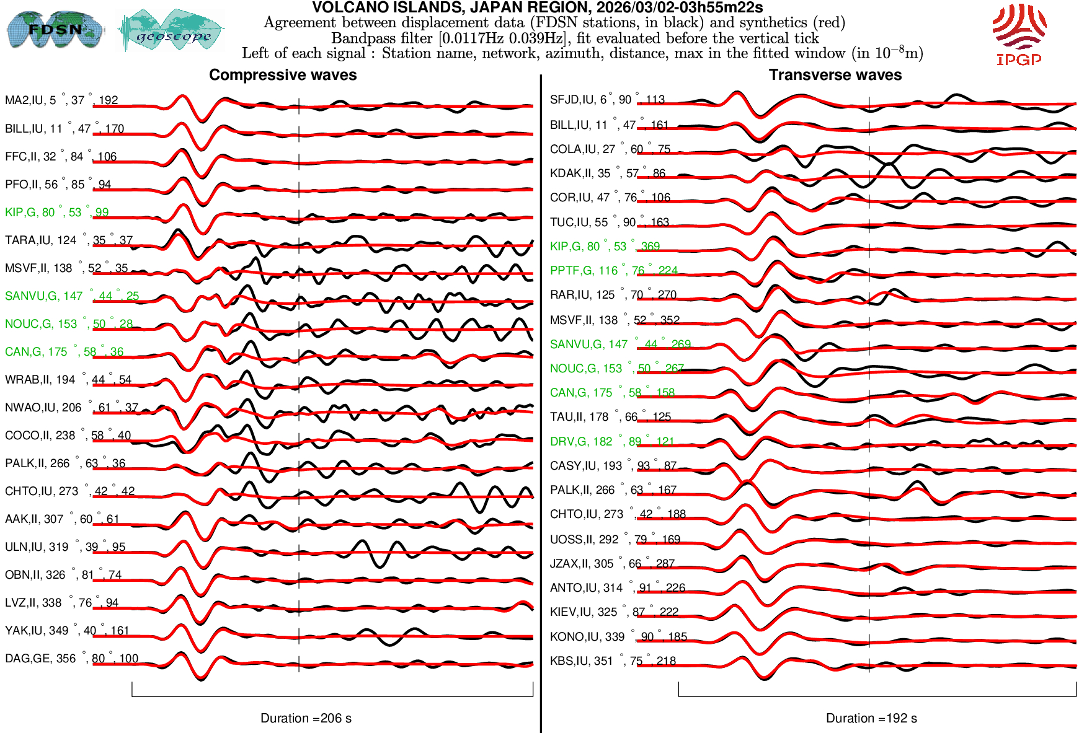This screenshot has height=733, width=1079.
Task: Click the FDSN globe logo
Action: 55,29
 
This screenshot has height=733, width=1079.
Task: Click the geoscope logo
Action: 172,30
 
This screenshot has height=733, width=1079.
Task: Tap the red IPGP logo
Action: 1019,34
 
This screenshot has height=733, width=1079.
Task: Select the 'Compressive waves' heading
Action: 283,75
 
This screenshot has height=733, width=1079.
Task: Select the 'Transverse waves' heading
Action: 835,75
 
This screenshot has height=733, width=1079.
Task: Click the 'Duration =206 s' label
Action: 306,718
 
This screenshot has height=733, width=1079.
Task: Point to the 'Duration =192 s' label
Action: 871,718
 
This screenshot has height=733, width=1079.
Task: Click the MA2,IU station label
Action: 61,100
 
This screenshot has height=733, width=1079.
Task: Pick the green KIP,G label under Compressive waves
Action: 56,213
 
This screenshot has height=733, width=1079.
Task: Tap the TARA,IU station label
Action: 68,240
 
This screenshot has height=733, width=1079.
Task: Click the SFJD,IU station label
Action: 607,100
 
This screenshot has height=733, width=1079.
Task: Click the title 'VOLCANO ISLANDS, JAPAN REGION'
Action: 537,8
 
